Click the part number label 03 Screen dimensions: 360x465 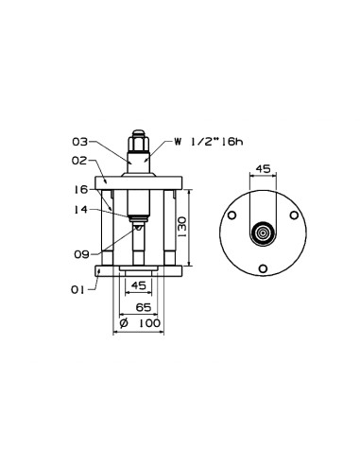79,142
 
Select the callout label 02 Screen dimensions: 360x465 79,161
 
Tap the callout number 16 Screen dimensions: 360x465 80,190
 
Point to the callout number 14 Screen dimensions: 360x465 80,210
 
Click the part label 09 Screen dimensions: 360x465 82,254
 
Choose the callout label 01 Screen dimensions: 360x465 77,290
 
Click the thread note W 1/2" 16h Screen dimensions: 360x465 209,142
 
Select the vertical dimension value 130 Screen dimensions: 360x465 182,228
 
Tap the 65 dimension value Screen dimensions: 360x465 144,307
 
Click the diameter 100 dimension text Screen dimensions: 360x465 140,323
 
